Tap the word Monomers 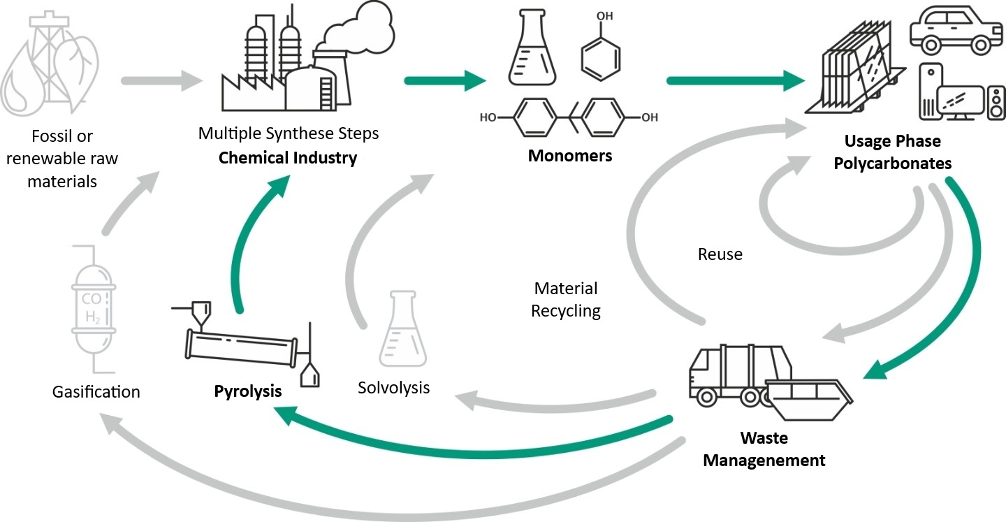[x=569, y=155]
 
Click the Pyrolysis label [x=247, y=391]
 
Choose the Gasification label [x=96, y=392]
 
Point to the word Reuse [x=720, y=254]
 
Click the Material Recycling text [x=566, y=299]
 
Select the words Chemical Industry [x=287, y=157]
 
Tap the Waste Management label [x=764, y=449]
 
